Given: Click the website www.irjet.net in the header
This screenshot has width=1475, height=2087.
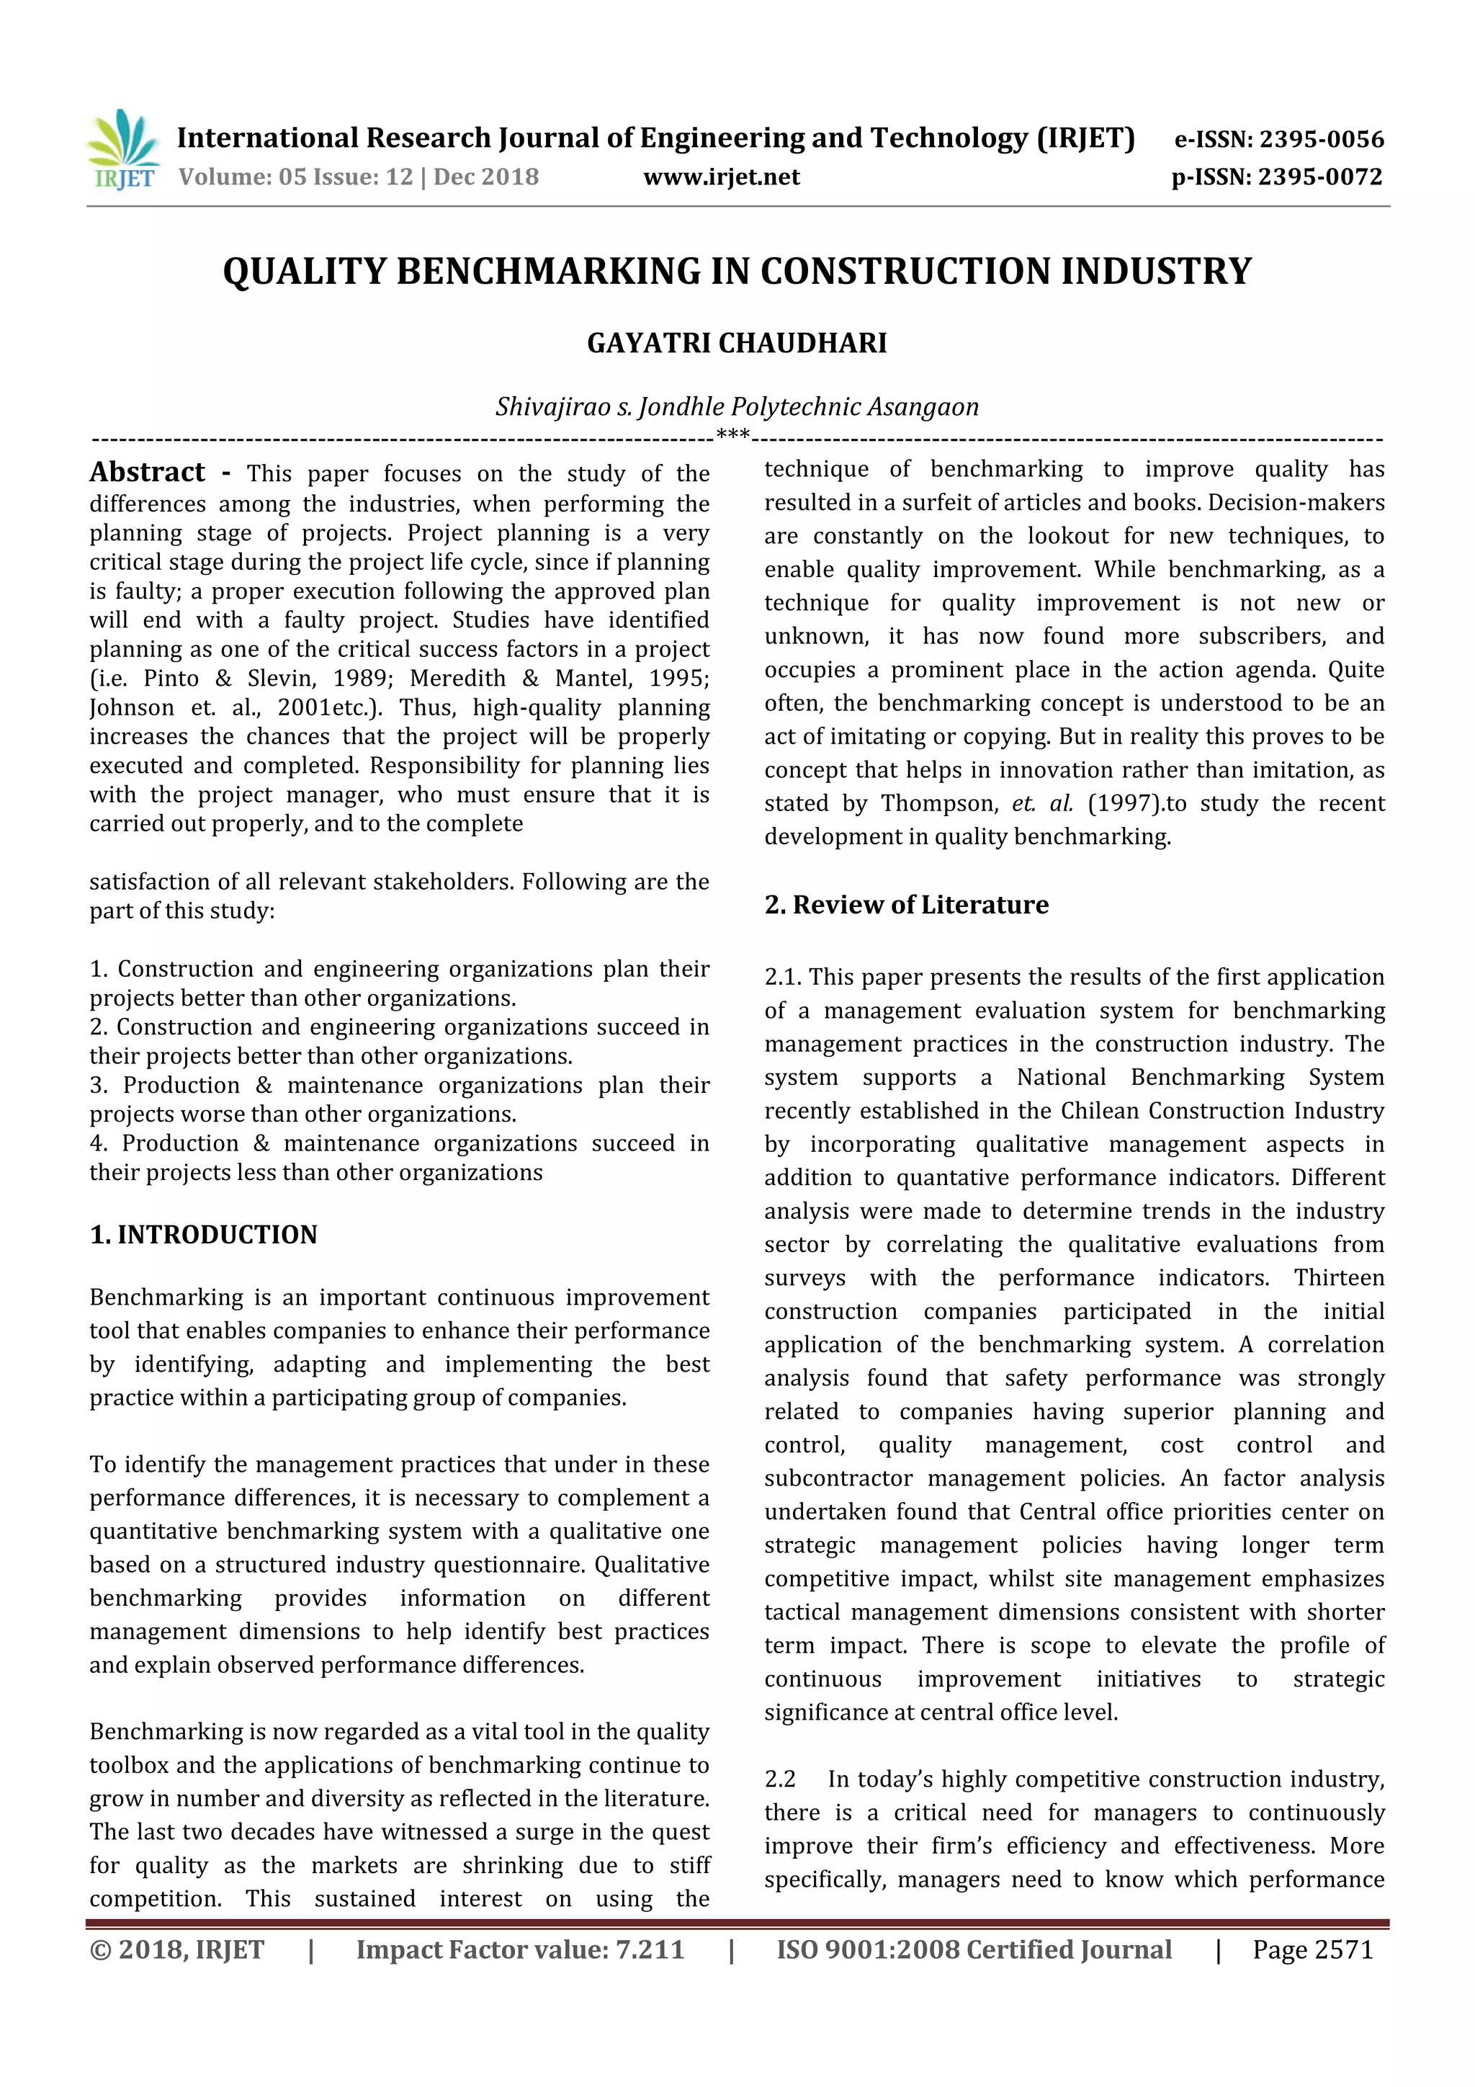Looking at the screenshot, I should coord(722,177).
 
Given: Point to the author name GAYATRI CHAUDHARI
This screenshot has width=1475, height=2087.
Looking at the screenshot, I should coord(737,344).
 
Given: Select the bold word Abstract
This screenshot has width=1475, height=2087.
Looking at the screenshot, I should coord(147,472).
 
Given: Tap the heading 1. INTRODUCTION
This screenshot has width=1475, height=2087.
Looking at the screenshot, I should coord(204,1234).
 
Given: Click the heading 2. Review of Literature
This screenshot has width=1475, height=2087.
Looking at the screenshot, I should coord(906,904).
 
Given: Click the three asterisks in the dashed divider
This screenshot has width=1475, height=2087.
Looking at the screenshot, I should coord(732,435).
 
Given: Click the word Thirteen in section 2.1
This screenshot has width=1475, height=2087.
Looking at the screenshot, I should coord(1339,1278).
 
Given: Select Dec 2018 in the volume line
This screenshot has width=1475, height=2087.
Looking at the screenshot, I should coord(486,177).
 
